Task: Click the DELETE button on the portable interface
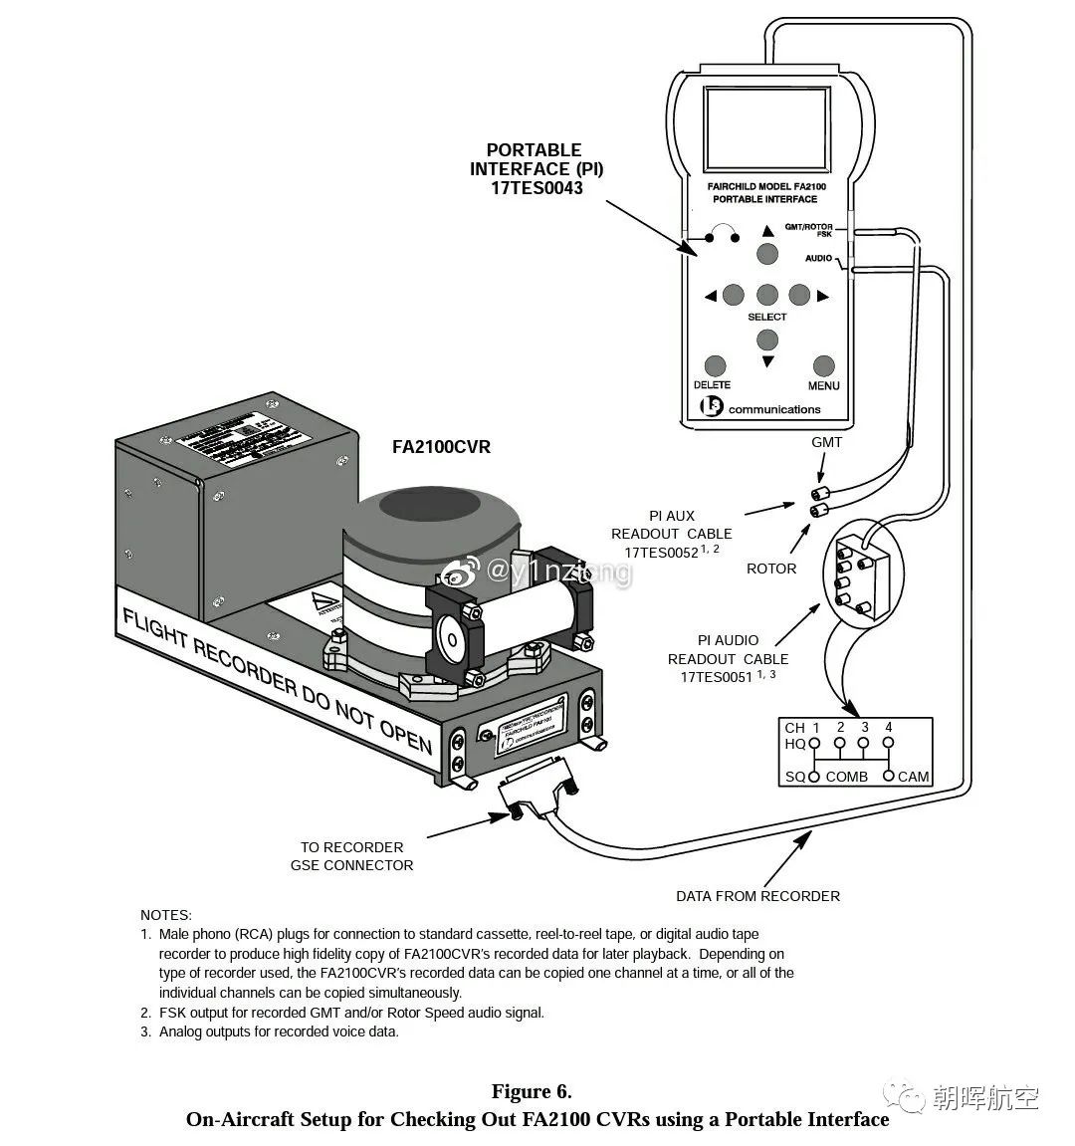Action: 715,366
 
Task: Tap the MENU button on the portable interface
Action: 823,366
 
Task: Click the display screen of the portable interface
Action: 765,130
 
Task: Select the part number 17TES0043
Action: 537,187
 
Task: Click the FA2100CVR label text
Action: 441,447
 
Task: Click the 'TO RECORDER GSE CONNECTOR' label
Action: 351,856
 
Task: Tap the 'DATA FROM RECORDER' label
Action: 757,896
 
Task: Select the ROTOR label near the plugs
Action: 771,569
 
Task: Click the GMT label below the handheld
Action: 826,442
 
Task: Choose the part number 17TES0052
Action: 662,553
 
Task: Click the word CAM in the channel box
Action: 913,777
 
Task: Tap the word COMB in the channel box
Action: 846,777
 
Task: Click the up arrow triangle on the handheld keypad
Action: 767,231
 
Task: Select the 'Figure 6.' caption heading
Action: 532,1092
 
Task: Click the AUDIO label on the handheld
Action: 818,258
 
